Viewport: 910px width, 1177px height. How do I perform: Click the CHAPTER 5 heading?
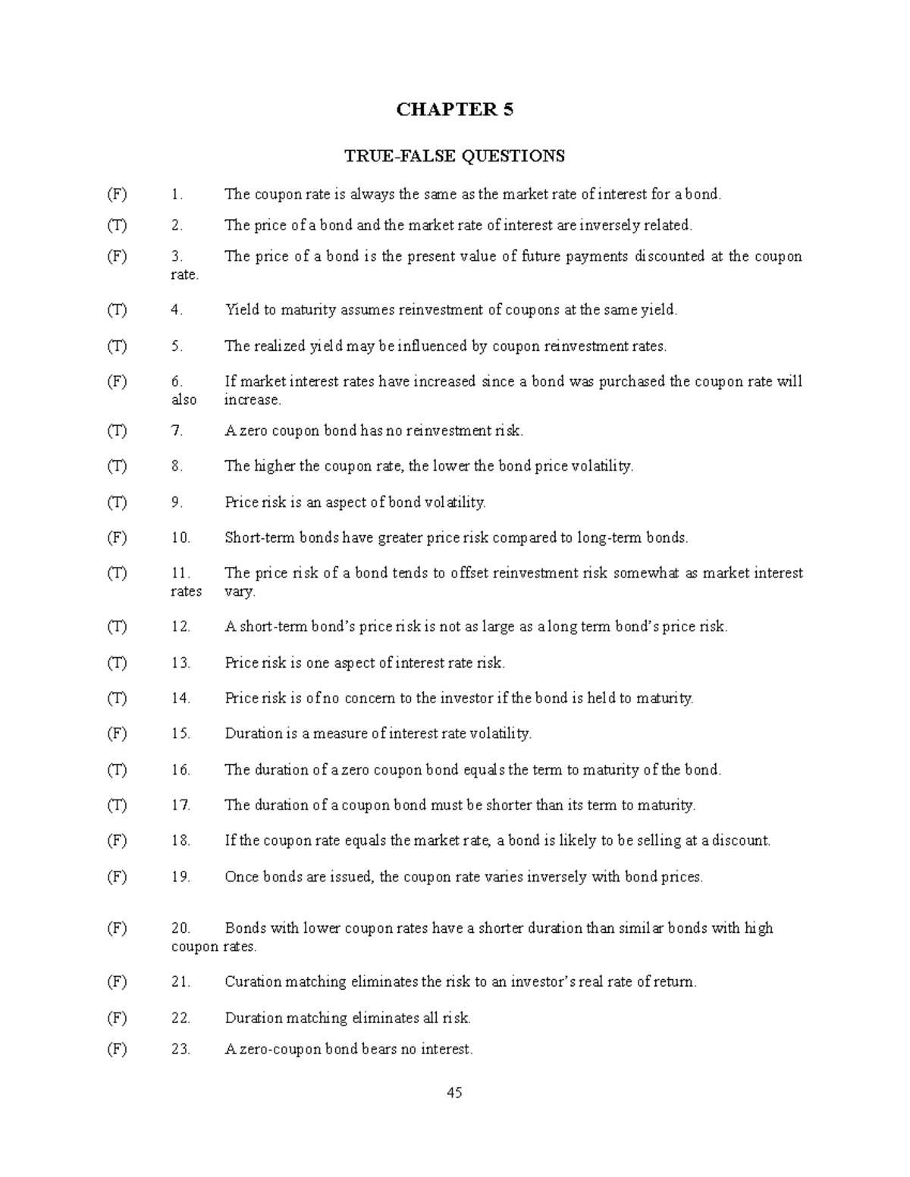(454, 110)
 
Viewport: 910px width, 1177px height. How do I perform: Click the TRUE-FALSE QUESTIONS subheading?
(454, 156)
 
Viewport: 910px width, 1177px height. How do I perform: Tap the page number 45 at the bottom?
(454, 1092)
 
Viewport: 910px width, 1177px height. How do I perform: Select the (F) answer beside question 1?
(117, 194)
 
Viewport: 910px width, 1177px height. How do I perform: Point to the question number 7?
(177, 430)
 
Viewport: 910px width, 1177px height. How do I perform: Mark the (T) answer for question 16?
(117, 769)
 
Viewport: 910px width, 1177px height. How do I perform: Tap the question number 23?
(180, 1049)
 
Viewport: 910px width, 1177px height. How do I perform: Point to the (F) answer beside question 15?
(117, 733)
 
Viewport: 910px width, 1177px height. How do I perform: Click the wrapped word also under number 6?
(184, 399)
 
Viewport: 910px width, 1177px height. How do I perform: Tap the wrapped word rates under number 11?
(186, 591)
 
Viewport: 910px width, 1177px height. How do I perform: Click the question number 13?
(180, 662)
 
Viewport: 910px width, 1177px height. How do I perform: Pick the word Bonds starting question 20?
(245, 928)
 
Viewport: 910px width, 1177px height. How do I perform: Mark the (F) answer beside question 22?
(117, 1018)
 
